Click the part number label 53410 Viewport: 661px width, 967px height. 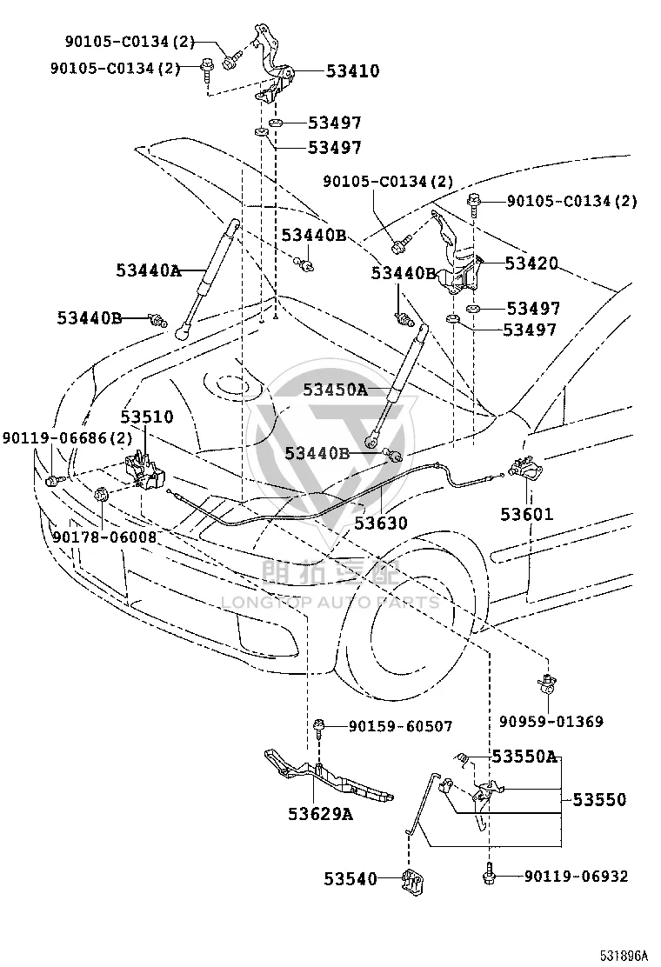click(x=353, y=71)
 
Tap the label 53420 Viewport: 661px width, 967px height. click(x=531, y=263)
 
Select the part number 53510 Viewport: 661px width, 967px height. click(x=147, y=417)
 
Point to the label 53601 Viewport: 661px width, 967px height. click(x=526, y=514)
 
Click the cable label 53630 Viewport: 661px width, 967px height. click(x=381, y=524)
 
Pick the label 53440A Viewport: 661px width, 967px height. click(x=149, y=270)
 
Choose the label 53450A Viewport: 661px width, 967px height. click(x=335, y=390)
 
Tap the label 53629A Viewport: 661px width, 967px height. click(x=321, y=814)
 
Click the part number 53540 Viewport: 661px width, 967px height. click(x=351, y=879)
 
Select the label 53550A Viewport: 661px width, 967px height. click(x=524, y=756)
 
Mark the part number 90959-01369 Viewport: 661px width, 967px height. click(x=551, y=721)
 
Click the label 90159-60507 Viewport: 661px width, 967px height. click(x=401, y=726)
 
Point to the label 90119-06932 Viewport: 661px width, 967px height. click(x=577, y=877)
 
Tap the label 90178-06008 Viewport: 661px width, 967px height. click(x=104, y=537)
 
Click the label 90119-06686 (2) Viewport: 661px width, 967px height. click(x=67, y=438)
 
